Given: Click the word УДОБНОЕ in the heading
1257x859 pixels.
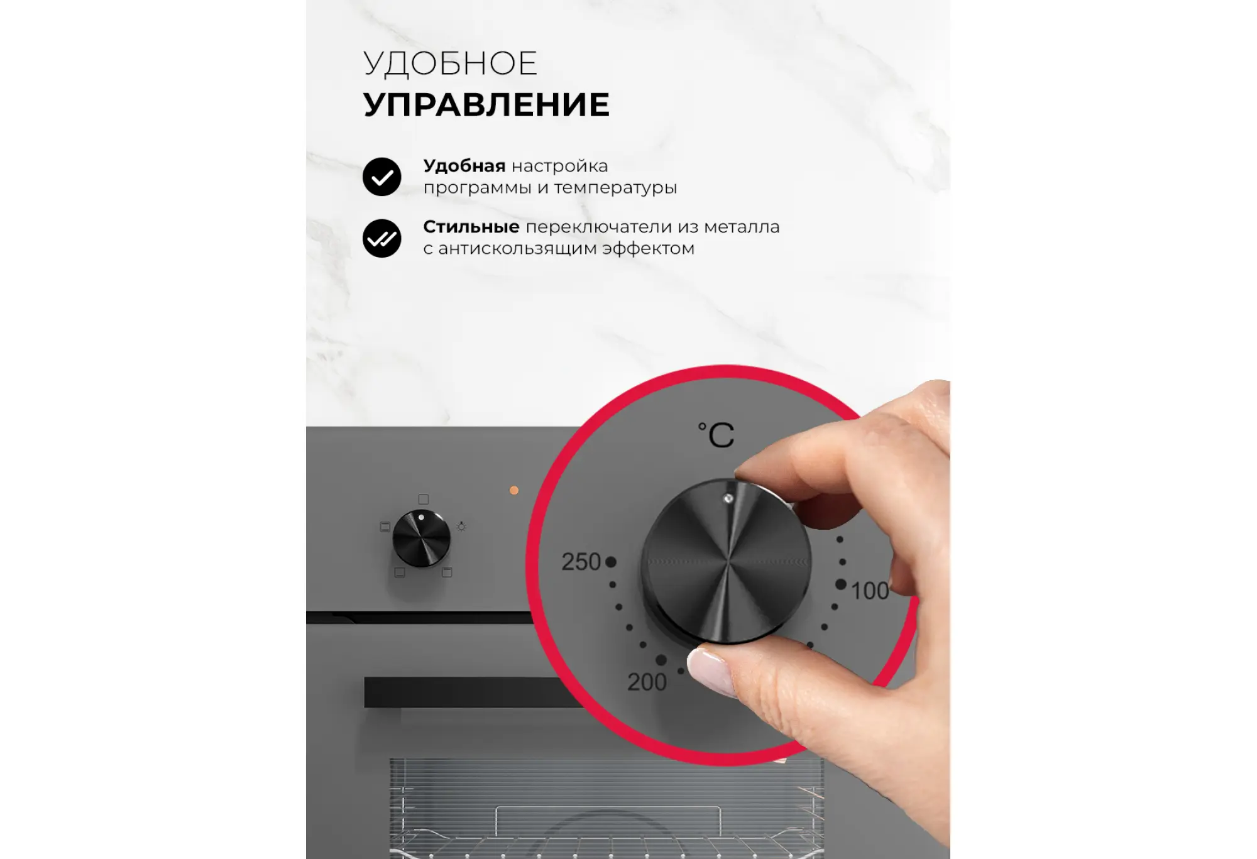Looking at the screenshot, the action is click(x=450, y=64).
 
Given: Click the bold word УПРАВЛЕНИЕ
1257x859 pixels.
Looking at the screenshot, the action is click(x=486, y=104).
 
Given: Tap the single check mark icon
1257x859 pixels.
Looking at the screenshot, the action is click(x=381, y=177).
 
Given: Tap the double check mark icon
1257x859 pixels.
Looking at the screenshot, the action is click(x=381, y=238).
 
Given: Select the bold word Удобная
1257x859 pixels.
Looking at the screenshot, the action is click(x=464, y=166).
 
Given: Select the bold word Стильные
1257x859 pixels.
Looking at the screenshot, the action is click(x=471, y=227).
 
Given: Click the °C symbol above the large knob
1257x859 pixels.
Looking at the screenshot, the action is click(x=716, y=434).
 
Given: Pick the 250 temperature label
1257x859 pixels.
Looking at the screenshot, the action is click(x=581, y=562).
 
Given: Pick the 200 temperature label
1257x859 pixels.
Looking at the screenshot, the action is click(x=647, y=682).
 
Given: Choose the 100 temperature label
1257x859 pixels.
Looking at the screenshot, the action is click(x=870, y=591).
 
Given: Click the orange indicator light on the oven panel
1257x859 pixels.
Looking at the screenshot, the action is click(x=514, y=490).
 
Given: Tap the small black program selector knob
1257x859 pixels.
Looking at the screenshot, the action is click(x=421, y=539).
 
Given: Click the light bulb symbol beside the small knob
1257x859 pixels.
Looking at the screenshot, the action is click(x=461, y=527).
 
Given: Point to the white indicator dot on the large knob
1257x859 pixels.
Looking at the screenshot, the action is click(x=728, y=498).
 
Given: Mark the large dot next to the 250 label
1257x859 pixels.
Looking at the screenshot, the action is click(x=611, y=562).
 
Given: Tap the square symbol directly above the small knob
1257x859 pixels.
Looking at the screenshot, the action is click(x=424, y=500).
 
